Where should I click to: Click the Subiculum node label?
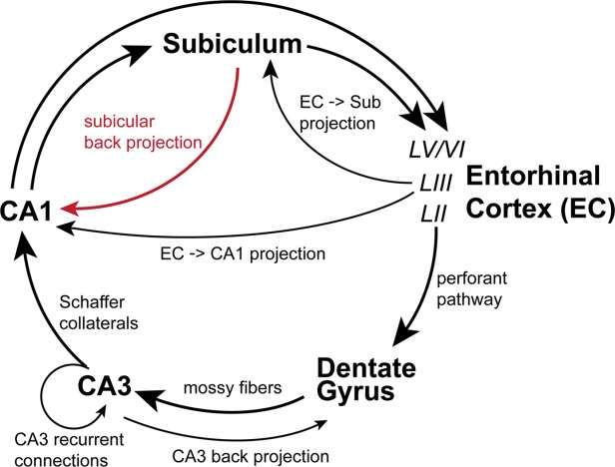[x=233, y=44]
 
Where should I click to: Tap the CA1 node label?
[x=26, y=212]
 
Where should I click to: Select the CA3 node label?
[x=105, y=385]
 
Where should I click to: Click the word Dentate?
[x=366, y=368]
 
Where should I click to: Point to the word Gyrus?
[x=355, y=390]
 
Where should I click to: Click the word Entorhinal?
[x=533, y=176]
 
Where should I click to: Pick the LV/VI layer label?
[x=437, y=150]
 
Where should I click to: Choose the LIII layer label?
[x=436, y=184]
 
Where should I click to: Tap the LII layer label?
[x=433, y=215]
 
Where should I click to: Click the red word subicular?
[x=119, y=122]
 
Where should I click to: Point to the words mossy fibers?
[x=233, y=388]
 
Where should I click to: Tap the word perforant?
[x=472, y=279]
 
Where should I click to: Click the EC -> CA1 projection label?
[x=243, y=253]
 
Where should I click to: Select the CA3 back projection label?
[x=251, y=456]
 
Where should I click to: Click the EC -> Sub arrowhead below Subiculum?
[x=271, y=69]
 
